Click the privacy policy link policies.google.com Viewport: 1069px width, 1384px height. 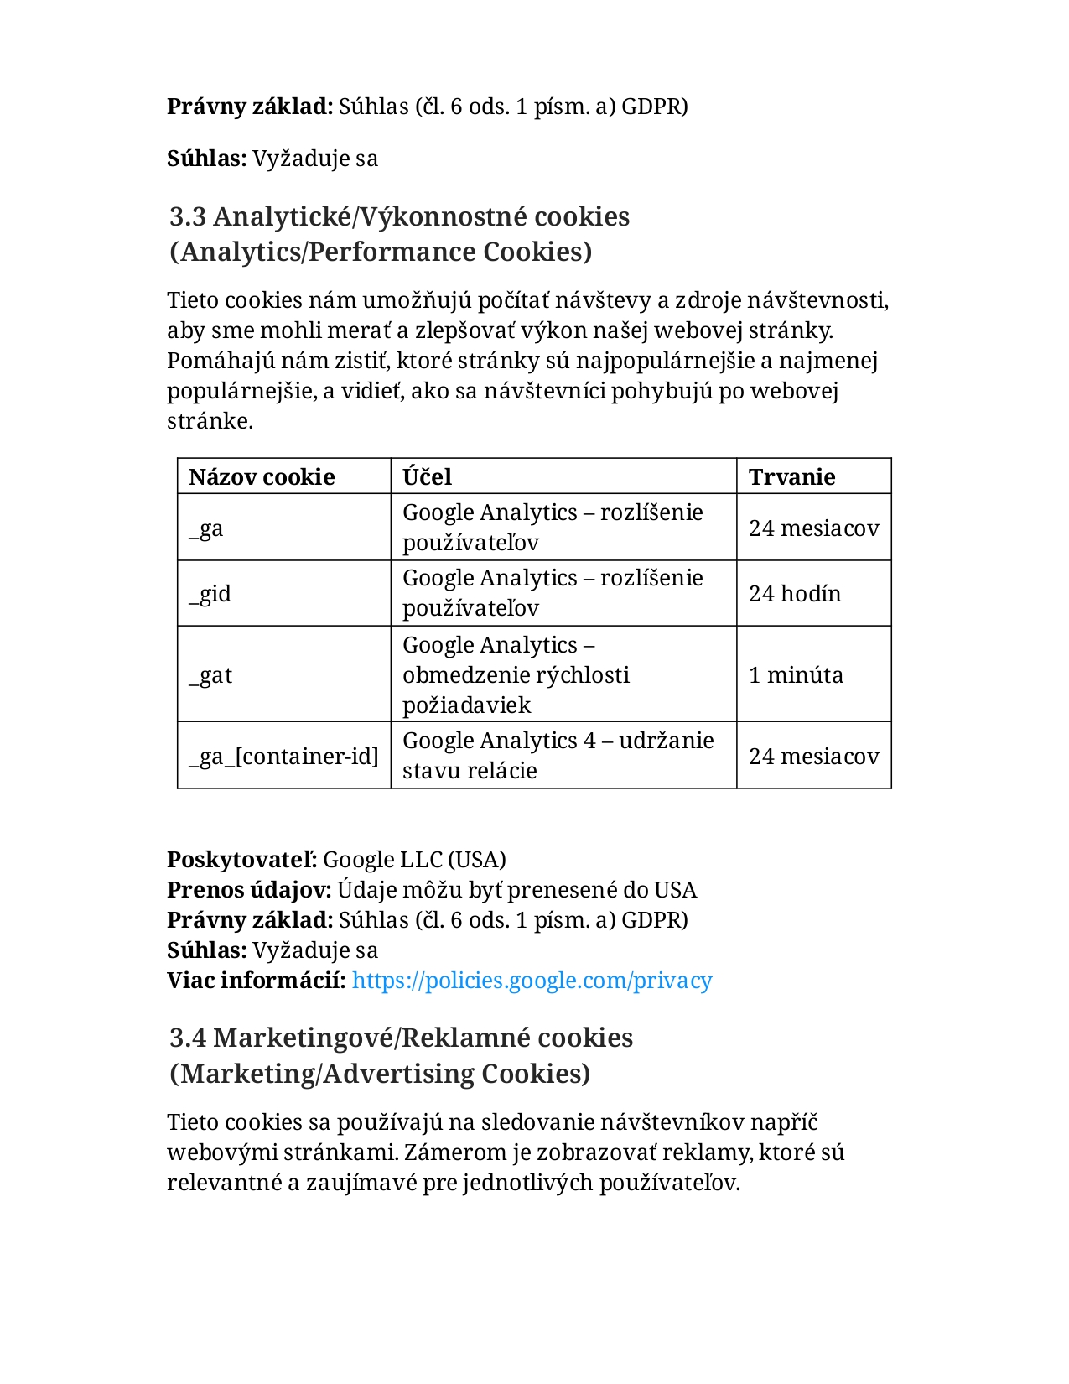click(532, 981)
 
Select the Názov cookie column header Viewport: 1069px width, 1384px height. click(262, 476)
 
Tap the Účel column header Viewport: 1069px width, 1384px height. click(427, 476)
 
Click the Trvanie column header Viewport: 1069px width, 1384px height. click(791, 476)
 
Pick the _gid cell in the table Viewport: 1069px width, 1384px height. click(210, 594)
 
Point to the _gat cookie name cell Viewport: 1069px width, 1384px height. click(210, 675)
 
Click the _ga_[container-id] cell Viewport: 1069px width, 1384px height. click(283, 757)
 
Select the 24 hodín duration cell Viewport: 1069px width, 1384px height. click(794, 594)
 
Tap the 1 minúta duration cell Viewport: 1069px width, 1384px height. click(796, 675)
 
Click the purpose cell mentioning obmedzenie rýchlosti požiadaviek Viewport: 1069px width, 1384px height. click(516, 675)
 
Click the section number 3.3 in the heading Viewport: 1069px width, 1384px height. click(188, 217)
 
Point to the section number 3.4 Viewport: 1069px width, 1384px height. click(188, 1038)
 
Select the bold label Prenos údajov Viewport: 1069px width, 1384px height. click(249, 890)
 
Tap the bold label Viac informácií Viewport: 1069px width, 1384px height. click(256, 981)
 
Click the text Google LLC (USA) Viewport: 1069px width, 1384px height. click(414, 860)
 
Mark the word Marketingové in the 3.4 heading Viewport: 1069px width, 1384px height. click(301, 1038)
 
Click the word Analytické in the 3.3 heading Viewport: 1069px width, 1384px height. click(282, 217)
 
